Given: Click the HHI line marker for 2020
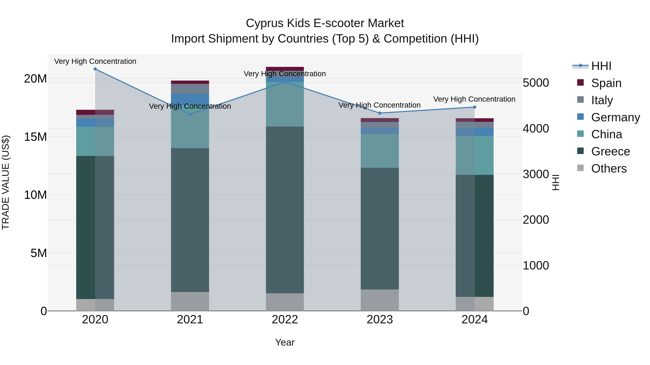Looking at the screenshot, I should coord(95,69).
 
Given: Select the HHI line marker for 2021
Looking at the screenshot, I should coord(190,114).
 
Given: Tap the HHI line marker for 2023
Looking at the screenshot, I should coord(380,113).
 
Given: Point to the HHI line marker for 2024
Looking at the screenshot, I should coord(475,107).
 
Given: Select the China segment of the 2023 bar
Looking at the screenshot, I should coord(380,151).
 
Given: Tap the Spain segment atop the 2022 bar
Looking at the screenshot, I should coord(285,69).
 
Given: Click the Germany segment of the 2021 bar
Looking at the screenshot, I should coord(190,98).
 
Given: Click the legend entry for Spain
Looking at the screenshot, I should coord(606,83).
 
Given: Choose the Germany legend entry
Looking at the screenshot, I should coord(615,117).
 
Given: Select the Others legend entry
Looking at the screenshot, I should coord(609,169).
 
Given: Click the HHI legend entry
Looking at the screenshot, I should coord(601,66).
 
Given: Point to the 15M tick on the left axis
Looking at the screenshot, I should coord(35,137).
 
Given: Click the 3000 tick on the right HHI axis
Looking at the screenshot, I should coord(536,174).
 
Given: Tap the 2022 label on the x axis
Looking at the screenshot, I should coord(285,320).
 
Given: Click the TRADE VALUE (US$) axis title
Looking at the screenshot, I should coord(6,182).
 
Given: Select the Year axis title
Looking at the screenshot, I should coord(285,342).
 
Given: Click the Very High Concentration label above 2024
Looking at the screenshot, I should coord(474,99).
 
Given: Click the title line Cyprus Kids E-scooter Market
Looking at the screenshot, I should coord(325,23).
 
